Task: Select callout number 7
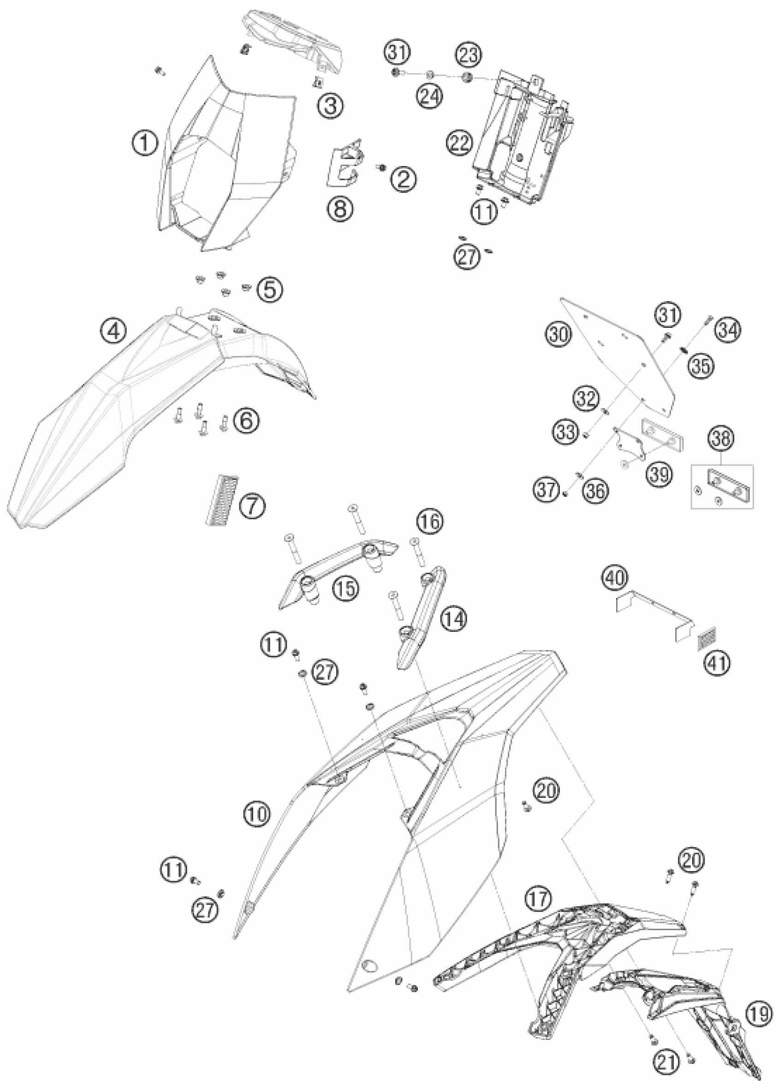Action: coord(252,506)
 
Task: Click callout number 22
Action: coord(458,143)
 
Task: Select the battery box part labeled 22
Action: coord(520,140)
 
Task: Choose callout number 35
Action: coord(701,367)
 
